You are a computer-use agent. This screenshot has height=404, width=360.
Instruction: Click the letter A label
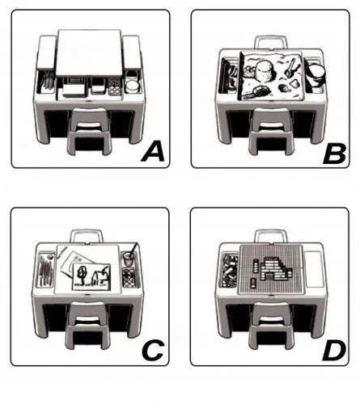(153, 152)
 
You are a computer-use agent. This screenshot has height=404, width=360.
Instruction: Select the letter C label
(153, 350)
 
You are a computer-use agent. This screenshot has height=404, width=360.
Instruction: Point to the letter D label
(334, 351)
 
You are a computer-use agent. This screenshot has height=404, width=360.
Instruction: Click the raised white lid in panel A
(89, 53)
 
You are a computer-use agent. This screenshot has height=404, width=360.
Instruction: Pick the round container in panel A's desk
(133, 86)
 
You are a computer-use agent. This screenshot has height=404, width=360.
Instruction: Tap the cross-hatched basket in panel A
(115, 86)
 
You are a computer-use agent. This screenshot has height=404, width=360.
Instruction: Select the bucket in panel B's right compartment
(316, 74)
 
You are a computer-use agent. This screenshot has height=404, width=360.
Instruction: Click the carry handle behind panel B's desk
(270, 42)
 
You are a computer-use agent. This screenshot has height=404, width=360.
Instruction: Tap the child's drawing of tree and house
(91, 277)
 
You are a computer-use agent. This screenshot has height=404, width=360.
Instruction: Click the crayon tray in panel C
(45, 269)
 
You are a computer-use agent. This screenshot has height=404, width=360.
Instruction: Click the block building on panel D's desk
(273, 269)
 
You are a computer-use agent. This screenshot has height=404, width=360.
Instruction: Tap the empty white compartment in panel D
(315, 268)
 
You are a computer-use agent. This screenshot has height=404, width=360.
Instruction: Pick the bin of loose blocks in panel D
(230, 270)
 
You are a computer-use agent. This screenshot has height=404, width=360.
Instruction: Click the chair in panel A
(89, 131)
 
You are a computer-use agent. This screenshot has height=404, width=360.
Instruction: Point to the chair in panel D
(271, 326)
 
